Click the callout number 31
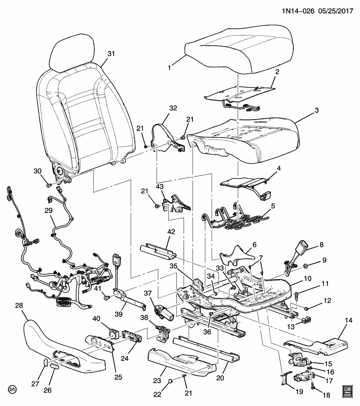[x=111, y=54]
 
